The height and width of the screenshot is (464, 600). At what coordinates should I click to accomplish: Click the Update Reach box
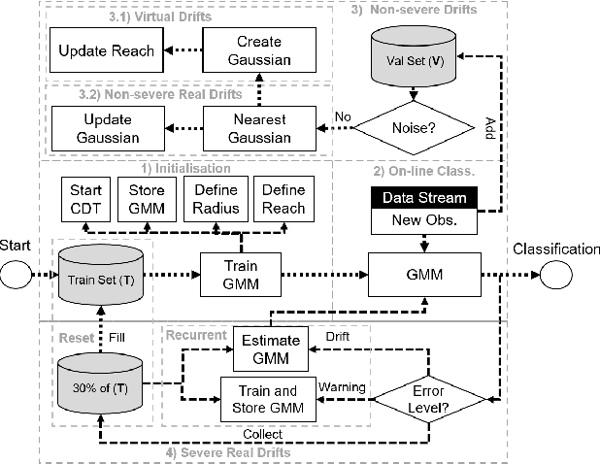click(x=105, y=50)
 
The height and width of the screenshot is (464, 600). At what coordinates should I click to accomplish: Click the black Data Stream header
click(x=423, y=198)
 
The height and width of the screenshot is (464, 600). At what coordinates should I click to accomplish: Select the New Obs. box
click(x=423, y=220)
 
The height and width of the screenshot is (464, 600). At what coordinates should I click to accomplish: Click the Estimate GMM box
click(x=272, y=348)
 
